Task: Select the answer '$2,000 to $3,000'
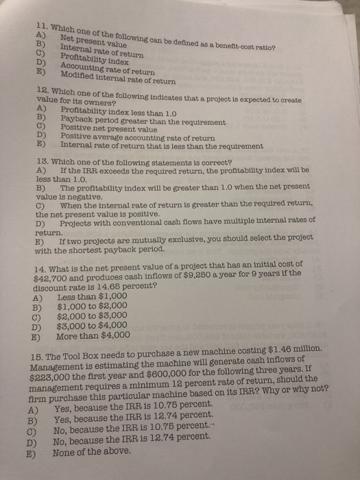tap(92, 317)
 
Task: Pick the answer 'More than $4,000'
tap(93, 335)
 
